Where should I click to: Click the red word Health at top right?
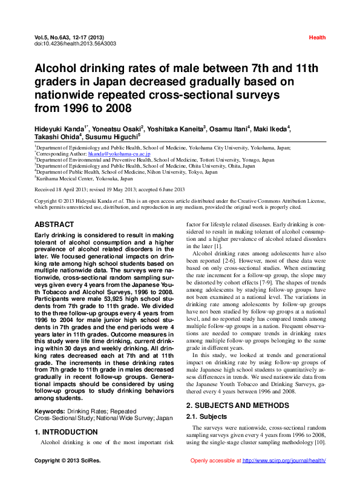point(317,38)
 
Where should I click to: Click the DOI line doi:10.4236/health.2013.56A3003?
point(76,44)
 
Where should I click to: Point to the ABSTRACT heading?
point(54,225)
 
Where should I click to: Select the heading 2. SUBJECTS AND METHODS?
point(238,405)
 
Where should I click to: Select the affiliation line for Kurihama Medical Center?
point(84,179)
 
